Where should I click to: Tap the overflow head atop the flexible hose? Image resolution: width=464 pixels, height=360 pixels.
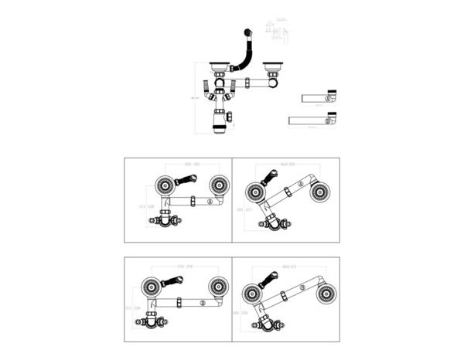(x=247, y=32)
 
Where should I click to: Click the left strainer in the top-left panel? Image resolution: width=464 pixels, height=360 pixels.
(x=164, y=185)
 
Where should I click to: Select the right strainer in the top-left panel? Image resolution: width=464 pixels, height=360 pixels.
(x=219, y=185)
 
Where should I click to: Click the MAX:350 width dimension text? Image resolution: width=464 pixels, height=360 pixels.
(x=289, y=165)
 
